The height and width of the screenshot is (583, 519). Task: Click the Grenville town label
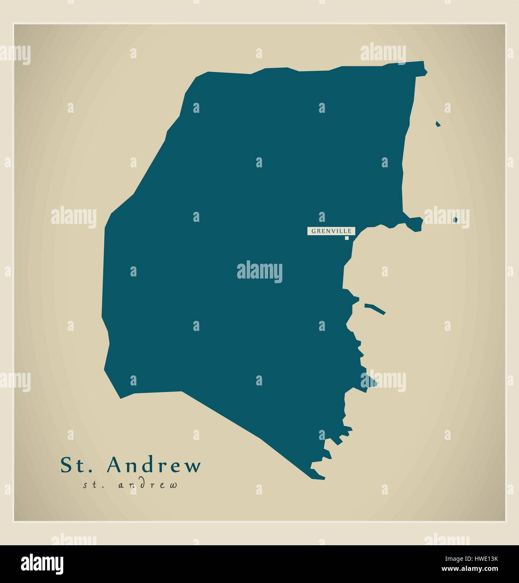coord(332,231)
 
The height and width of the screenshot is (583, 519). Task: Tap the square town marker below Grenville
coord(347,238)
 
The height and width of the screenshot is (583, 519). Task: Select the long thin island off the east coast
coord(374,308)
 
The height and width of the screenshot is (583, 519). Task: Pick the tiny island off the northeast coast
coord(438,124)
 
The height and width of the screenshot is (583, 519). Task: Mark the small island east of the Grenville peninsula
coord(456,219)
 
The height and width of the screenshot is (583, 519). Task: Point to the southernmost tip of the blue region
coord(323,478)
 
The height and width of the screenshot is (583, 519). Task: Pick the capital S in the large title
coord(66,465)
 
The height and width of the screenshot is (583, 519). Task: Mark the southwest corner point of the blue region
coord(121,398)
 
